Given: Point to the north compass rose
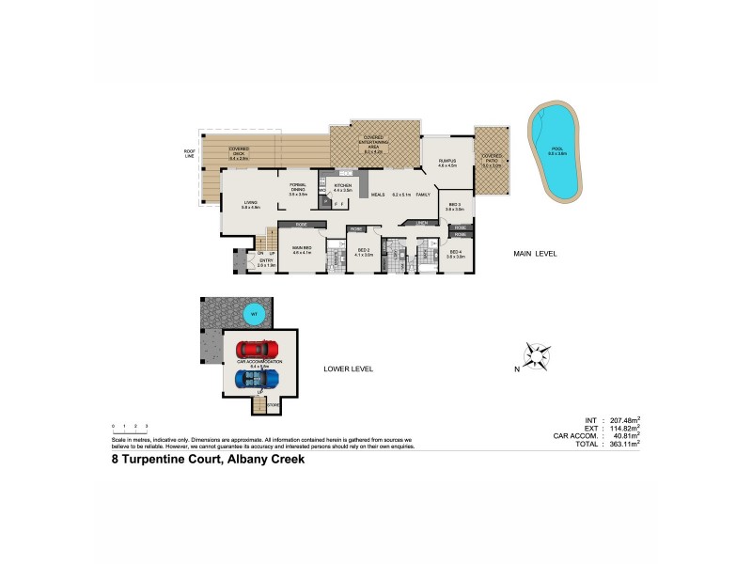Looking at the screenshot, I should click(535, 356).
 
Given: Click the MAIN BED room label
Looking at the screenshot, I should click(302, 250).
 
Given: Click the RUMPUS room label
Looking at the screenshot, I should click(446, 164).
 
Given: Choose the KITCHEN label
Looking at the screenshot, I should click(342, 187).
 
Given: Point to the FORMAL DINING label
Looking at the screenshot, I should click(298, 189).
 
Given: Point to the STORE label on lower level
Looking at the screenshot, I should click(274, 405).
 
